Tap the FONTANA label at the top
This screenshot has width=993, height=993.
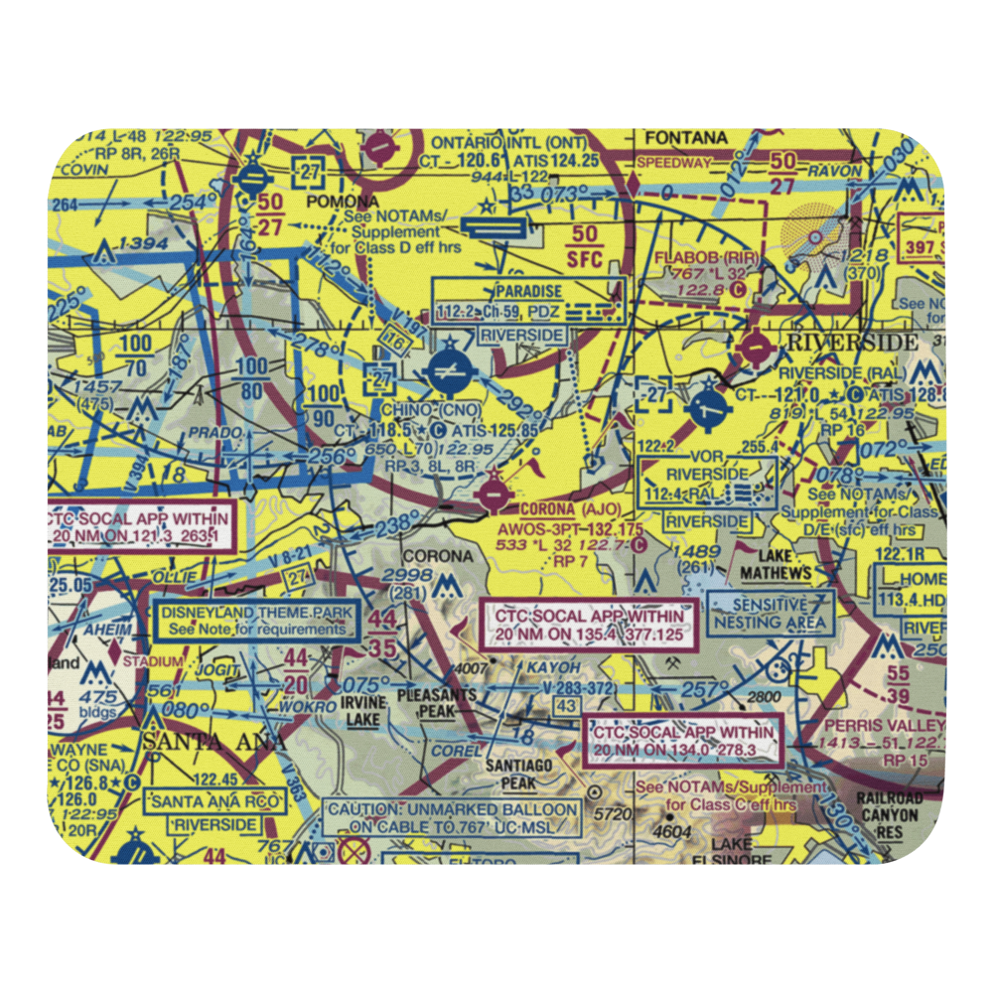[685, 137]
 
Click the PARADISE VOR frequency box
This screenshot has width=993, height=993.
[529, 302]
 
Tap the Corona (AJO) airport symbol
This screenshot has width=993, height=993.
[492, 493]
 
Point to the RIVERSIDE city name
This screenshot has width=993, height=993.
[852, 343]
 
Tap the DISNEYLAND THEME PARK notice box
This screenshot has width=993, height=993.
[256, 621]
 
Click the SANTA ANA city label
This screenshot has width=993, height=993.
[214, 742]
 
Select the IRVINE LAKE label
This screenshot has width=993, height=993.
[361, 711]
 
